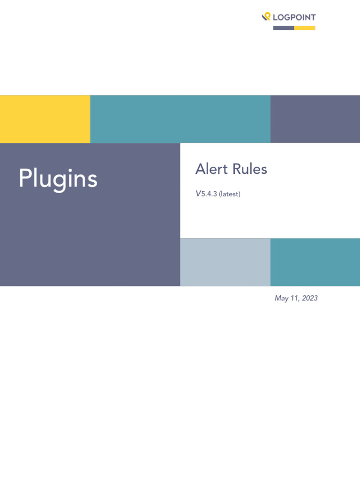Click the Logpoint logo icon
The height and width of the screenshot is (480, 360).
(266, 16)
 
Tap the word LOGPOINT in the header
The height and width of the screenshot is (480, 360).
(294, 17)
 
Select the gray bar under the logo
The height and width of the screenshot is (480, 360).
(284, 28)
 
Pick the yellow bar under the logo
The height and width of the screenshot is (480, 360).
(305, 28)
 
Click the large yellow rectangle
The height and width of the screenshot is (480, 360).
(45, 119)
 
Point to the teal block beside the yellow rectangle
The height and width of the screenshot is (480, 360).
(180, 119)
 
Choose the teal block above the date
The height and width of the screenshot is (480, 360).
(315, 262)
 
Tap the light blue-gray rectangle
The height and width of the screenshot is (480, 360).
(225, 262)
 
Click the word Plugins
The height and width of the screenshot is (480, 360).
(58, 179)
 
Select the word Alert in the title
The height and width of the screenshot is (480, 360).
(211, 169)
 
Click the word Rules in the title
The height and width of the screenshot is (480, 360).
(250, 169)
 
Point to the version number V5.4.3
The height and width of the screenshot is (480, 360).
(206, 194)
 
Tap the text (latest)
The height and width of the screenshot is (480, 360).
(230, 194)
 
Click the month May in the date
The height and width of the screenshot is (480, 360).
(282, 299)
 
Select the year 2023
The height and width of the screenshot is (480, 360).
(310, 298)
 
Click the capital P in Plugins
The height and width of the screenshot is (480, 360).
(26, 178)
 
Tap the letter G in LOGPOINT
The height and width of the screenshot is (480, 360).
(288, 17)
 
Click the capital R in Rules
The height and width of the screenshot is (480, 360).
(237, 169)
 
